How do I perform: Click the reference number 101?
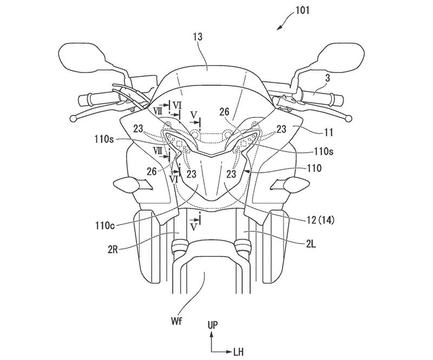click(303, 11)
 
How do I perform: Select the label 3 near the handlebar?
click(327, 78)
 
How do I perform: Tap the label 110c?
click(104, 226)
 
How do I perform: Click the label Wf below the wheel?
click(178, 322)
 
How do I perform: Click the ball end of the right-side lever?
click(349, 119)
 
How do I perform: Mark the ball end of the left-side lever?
click(73, 118)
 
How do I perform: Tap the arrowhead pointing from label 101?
click(279, 28)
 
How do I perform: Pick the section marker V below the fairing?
click(194, 227)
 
